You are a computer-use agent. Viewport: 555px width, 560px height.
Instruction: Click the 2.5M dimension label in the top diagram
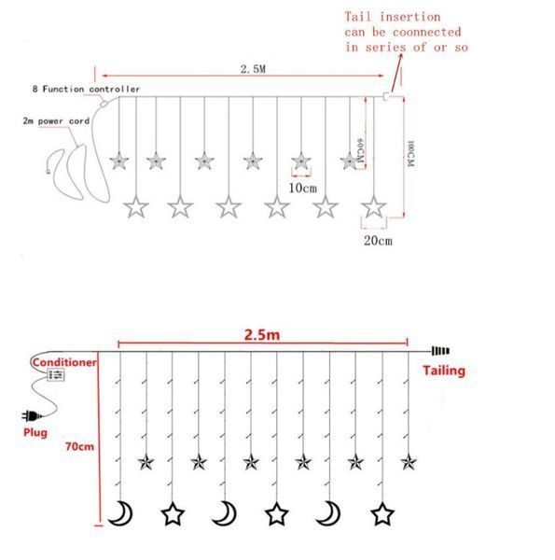pos(253,69)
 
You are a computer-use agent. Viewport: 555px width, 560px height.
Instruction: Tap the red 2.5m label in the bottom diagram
pos(262,335)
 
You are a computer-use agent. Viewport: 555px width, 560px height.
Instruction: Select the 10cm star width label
pos(302,188)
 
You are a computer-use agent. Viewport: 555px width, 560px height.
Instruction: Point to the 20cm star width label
pos(378,241)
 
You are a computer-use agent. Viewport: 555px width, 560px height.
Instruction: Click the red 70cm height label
pos(79,446)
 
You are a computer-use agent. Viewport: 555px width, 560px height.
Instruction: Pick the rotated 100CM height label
pos(410,154)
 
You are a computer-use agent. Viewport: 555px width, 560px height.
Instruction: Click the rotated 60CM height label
pos(360,150)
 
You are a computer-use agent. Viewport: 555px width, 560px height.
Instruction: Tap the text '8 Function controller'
pos(86,89)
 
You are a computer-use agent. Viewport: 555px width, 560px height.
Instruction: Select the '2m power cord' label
pos(56,121)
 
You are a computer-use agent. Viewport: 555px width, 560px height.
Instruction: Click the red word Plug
pos(35,432)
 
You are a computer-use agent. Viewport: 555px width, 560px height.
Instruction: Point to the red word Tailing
pos(444,371)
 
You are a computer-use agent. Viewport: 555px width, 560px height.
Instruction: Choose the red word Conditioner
pos(64,362)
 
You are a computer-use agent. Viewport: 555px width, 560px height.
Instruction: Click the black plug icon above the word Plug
pos(32,416)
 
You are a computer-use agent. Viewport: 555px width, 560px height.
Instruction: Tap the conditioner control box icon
pos(56,374)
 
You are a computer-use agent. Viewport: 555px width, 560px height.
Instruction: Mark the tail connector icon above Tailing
pos(440,351)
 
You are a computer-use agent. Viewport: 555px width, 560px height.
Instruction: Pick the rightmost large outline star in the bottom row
pos(382,514)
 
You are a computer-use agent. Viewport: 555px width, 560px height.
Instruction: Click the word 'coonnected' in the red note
pos(426,32)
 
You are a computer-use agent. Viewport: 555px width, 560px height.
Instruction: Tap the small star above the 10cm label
pos(301,161)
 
